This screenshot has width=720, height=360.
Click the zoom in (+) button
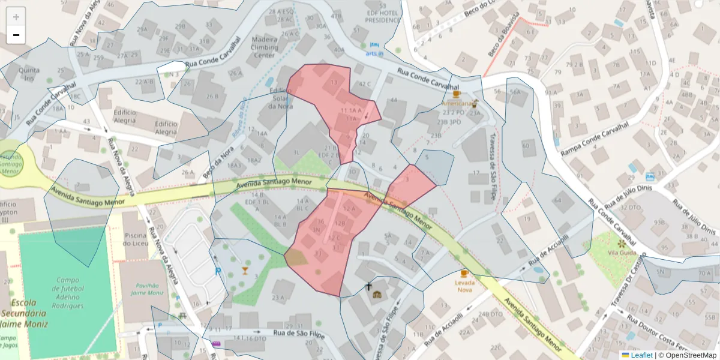pos(16,17)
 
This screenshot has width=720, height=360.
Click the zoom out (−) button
pos(16,35)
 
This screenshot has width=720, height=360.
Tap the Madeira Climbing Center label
pos(257,47)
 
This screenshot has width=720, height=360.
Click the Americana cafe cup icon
pos(456,94)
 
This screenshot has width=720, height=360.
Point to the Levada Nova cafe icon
pos(464,274)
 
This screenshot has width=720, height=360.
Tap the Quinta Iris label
pos(29,74)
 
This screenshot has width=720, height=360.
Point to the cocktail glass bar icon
pos(245,270)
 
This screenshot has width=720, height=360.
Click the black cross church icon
pos(369,286)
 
